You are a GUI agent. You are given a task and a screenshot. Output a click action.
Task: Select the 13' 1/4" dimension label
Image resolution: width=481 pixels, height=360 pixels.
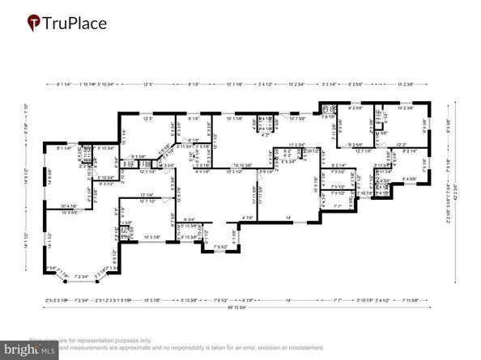[x=147, y=195]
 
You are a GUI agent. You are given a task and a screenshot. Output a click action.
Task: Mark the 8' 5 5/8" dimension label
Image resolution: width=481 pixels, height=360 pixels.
[x=139, y=157]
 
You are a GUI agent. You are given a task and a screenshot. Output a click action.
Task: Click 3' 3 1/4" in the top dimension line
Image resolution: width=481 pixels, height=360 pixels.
[x=330, y=84]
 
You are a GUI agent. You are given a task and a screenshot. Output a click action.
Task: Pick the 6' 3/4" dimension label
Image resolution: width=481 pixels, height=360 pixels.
[x=190, y=219]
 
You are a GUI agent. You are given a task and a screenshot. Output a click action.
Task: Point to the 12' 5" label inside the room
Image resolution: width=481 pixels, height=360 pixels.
[x=147, y=119]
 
